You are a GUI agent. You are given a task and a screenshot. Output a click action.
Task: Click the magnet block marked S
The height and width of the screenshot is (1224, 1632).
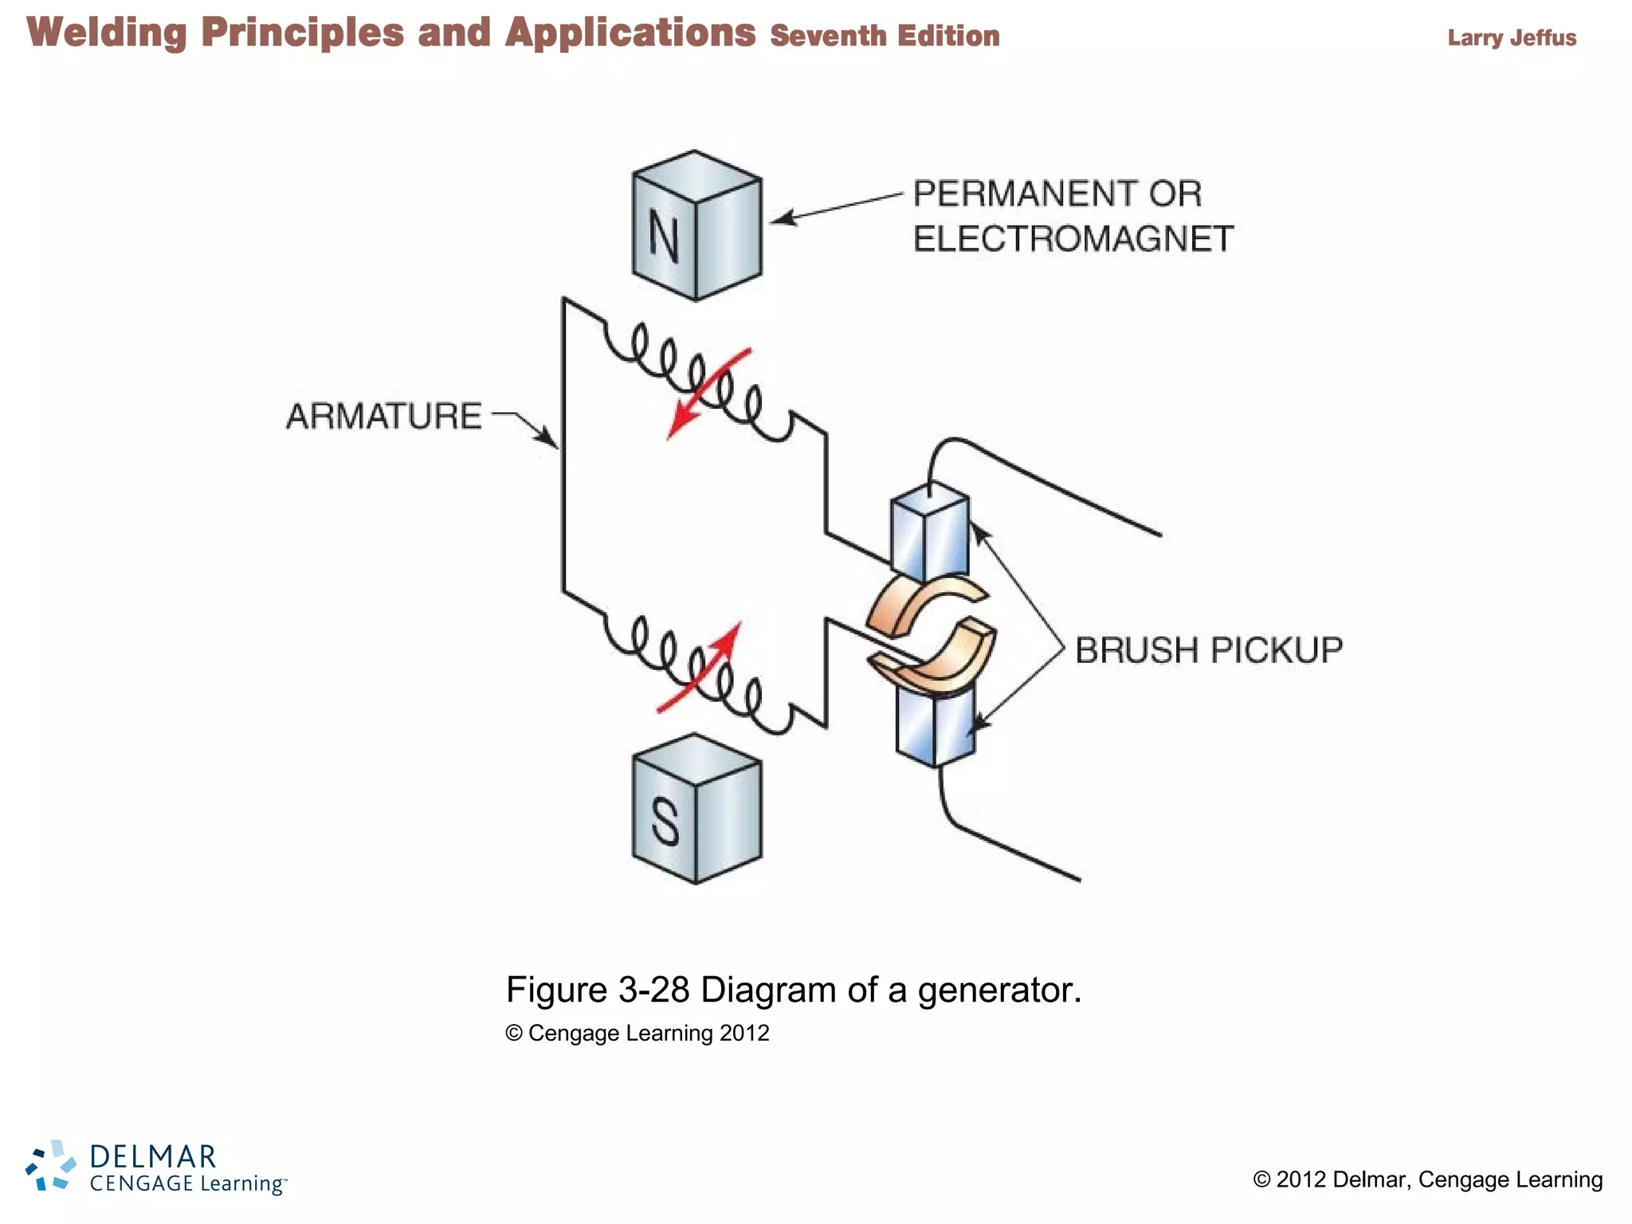[x=696, y=809]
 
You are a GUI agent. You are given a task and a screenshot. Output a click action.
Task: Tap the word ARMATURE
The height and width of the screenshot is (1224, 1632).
[x=383, y=417]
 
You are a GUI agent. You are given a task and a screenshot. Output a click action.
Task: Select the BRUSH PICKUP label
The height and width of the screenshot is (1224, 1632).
[x=1208, y=650]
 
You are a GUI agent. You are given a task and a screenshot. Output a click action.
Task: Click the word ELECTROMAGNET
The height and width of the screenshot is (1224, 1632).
[x=1073, y=239]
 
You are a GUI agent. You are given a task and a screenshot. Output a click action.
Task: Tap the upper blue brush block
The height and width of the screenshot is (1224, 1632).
[x=929, y=532]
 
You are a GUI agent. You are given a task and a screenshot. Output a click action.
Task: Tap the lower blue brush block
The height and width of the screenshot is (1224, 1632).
[x=935, y=728]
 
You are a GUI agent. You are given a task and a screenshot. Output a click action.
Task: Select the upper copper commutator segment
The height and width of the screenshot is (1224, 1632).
[x=916, y=604]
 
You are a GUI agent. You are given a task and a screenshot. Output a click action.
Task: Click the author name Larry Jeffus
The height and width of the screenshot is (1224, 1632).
[x=1511, y=38]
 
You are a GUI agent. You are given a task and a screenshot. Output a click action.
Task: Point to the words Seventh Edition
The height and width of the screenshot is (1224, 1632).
[x=885, y=36]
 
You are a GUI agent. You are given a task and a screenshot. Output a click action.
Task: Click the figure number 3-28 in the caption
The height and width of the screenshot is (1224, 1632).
[x=653, y=991]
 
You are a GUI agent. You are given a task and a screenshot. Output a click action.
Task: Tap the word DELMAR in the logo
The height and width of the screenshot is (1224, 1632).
[x=152, y=1156]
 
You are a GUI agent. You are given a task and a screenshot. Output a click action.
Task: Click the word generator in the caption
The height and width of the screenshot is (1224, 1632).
[x=998, y=991]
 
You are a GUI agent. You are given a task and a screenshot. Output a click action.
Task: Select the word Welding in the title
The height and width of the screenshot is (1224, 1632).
[x=107, y=33]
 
